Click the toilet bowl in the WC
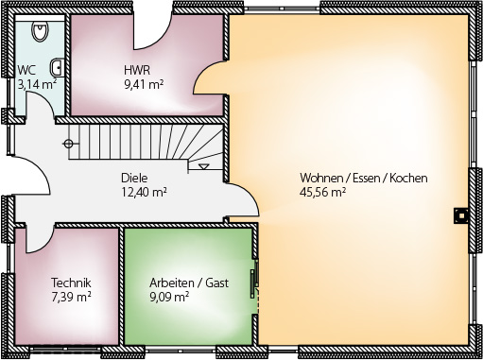(x=40, y=30)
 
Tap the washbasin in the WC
(x=57, y=67)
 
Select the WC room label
(x=26, y=70)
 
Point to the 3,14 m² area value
(x=37, y=84)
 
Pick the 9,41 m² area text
(x=144, y=84)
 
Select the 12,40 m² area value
(x=144, y=192)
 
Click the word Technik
(x=71, y=283)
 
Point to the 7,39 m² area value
(x=71, y=297)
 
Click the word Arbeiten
(x=172, y=283)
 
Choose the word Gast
(x=217, y=283)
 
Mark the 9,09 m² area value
(x=169, y=297)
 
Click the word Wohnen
(x=321, y=178)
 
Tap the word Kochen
(x=408, y=178)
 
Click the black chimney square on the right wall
(x=461, y=215)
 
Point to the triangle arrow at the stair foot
(x=204, y=166)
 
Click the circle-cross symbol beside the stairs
(x=68, y=144)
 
